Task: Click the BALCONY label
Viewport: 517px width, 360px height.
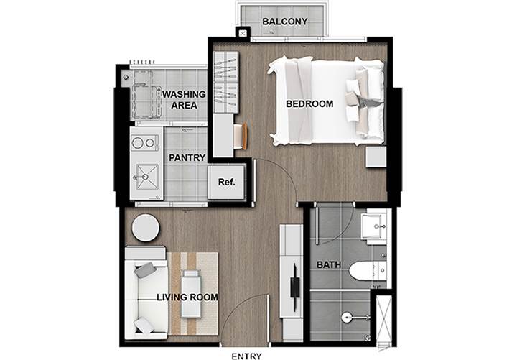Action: tap(285, 22)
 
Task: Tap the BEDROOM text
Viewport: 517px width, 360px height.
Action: tap(309, 104)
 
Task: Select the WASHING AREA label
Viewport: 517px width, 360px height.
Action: tap(184, 100)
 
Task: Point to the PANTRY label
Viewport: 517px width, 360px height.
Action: tap(187, 158)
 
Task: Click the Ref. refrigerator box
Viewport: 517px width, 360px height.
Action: tap(227, 182)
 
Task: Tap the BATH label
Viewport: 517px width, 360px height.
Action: tap(329, 264)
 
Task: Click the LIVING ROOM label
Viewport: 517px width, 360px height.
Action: tap(187, 297)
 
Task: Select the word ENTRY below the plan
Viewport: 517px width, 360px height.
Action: tap(246, 356)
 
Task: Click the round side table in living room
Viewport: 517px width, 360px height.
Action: tap(146, 228)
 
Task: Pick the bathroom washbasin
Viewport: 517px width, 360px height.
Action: tap(373, 226)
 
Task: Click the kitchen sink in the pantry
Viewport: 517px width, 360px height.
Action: tap(146, 177)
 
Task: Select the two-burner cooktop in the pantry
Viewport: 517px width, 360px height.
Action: tap(144, 143)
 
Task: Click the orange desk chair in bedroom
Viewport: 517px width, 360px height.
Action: tap(242, 135)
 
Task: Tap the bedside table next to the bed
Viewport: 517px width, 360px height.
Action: tap(376, 157)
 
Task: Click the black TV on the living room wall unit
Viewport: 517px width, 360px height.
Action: tap(294, 287)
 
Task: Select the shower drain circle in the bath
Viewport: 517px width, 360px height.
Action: tap(346, 318)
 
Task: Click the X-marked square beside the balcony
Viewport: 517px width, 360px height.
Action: tap(243, 33)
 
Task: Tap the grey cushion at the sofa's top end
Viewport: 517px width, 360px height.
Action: tap(145, 270)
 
